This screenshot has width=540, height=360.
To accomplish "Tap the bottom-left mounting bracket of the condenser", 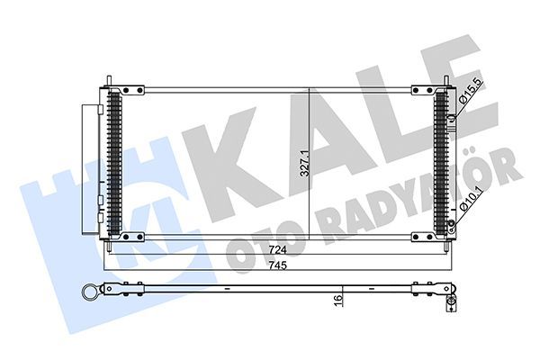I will tap(132, 237).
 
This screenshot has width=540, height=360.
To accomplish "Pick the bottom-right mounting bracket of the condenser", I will tap(423, 237).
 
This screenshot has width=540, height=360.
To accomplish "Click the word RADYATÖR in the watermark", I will tap(423, 202).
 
